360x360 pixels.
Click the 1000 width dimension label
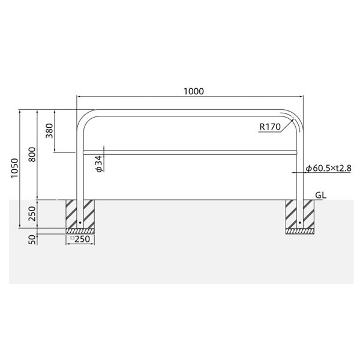(194, 91)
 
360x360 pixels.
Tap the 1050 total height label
(14, 168)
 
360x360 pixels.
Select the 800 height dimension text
(32, 155)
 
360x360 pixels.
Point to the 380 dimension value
(49, 131)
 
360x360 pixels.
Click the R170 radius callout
(270, 127)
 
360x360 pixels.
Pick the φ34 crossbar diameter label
(99, 164)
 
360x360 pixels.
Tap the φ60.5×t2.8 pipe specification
(329, 168)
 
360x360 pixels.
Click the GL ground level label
(320, 195)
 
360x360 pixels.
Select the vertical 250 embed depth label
(32, 214)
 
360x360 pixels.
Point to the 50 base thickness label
(32, 239)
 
